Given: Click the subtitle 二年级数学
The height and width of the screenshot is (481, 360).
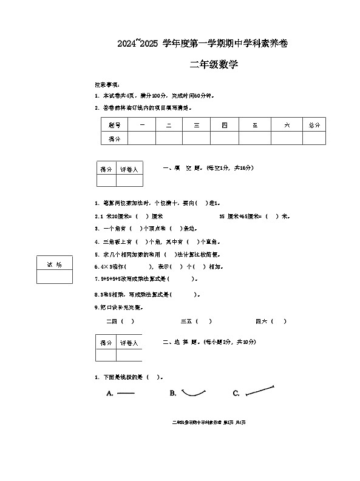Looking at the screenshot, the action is click(214, 65).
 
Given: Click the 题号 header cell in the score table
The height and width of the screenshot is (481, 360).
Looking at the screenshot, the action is click(114, 125).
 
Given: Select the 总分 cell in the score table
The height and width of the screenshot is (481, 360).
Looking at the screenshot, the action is click(314, 125).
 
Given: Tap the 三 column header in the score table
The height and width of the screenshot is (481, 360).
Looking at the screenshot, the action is click(197, 125).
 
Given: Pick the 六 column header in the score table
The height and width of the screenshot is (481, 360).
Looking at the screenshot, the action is click(287, 125).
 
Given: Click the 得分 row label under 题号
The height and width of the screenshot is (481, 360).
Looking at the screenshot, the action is click(114, 139).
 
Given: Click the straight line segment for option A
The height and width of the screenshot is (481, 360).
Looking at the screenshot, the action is click(126, 394).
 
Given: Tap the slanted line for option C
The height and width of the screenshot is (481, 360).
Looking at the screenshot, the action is click(260, 390).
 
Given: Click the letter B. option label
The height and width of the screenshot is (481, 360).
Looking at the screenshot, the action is click(173, 394).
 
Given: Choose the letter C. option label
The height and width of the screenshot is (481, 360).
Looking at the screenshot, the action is click(236, 394).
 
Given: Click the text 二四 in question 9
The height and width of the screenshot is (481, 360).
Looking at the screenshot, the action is click(112, 321).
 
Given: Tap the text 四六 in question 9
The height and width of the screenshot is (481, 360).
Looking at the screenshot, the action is click(262, 321).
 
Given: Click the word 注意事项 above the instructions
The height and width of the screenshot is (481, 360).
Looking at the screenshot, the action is click(107, 84).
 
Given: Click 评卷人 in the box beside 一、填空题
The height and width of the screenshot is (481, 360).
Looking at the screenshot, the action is click(129, 169).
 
